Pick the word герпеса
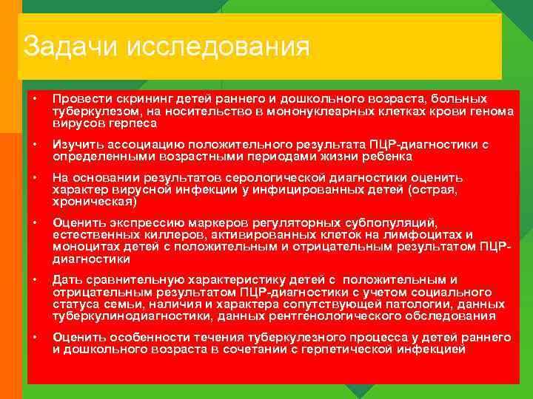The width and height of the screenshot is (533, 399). (x=130, y=123)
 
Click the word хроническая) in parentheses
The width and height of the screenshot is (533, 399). (x=94, y=202)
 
